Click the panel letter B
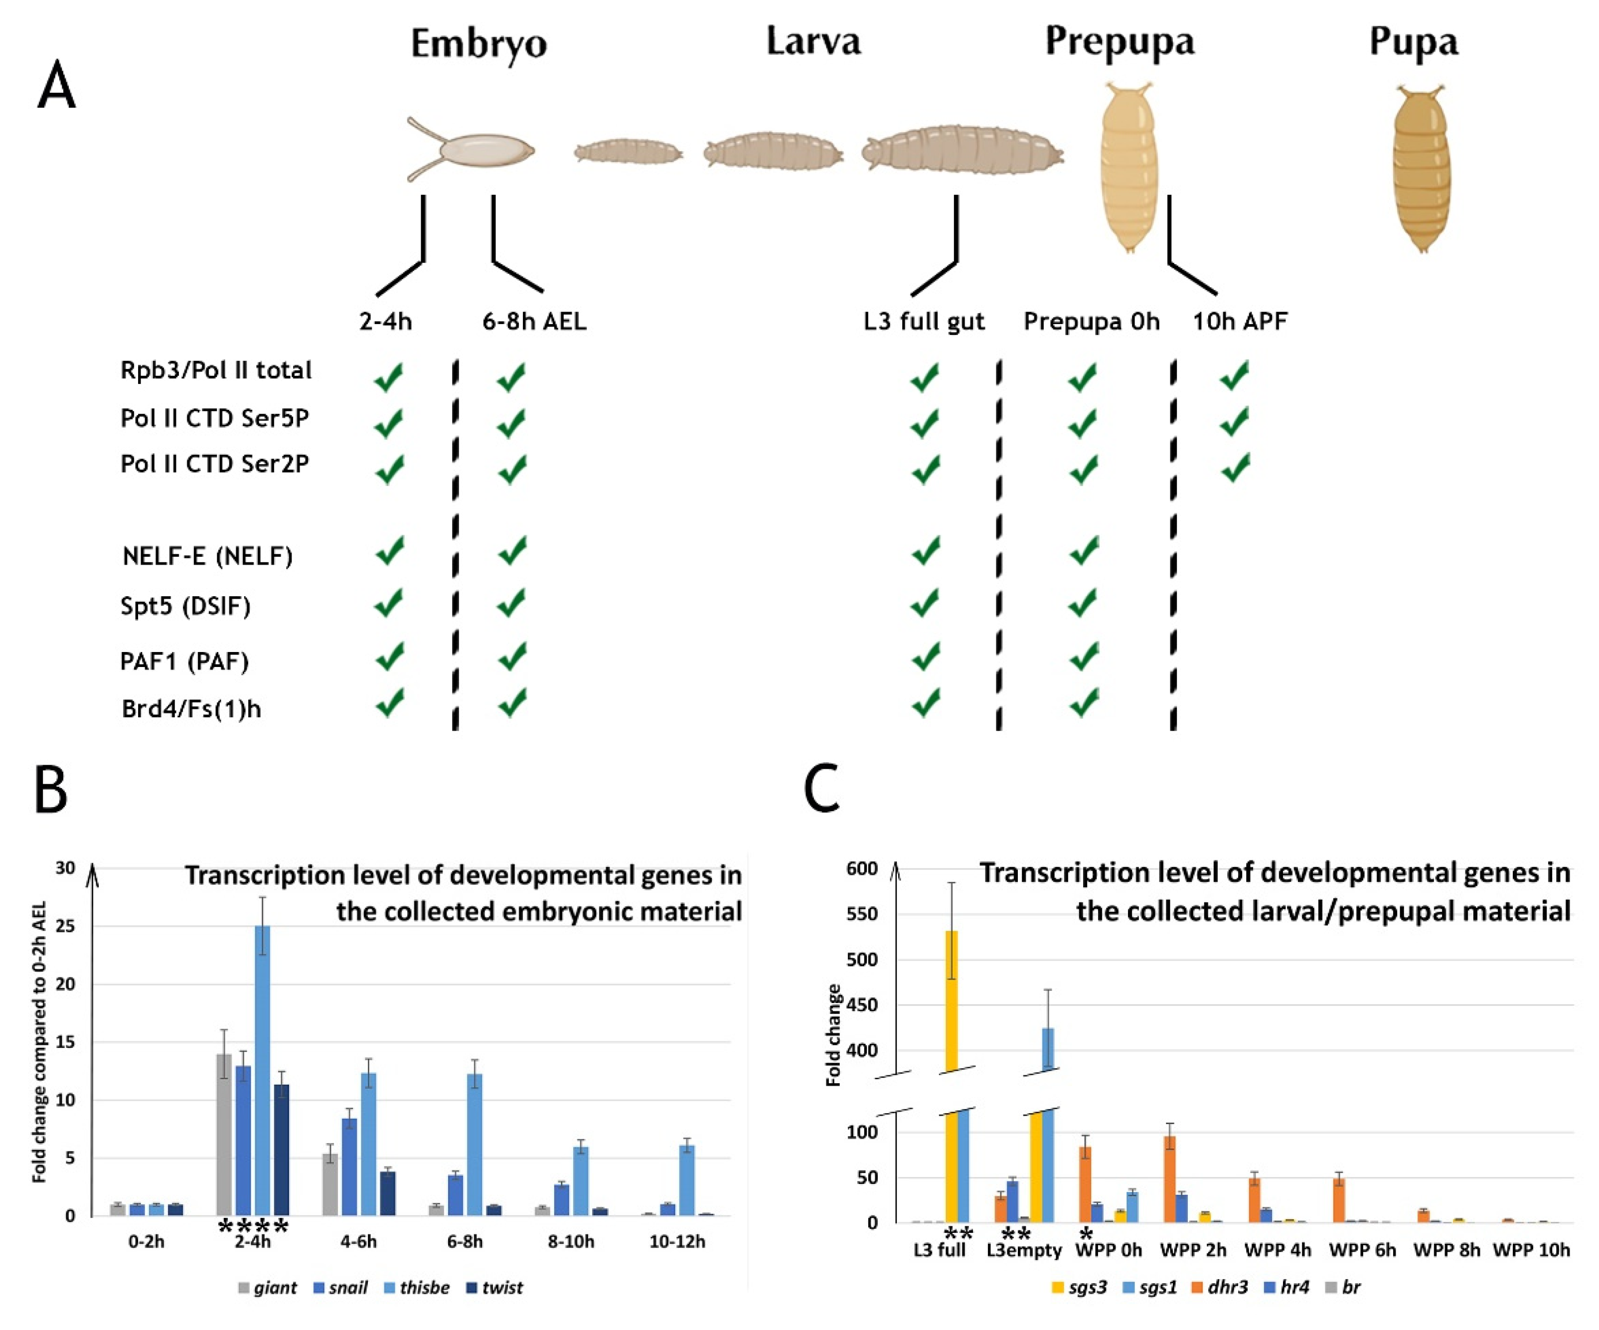51,791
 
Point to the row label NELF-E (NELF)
207,556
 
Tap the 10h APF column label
1240,321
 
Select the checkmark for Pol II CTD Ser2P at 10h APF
1235,468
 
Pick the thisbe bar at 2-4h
262,1070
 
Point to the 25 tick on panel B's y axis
66,927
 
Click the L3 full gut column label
924,321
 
